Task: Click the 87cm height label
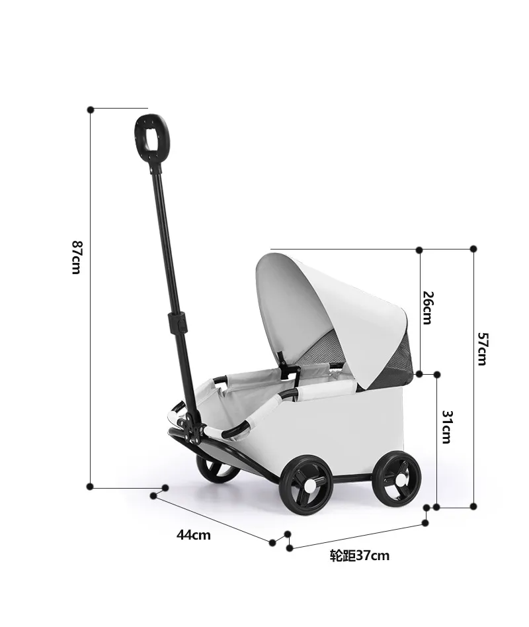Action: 76,257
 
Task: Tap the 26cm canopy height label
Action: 427,308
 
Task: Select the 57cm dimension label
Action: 482,349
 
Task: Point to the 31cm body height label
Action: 446,427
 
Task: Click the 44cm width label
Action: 194,535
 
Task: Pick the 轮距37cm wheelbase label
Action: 359,555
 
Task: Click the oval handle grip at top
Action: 150,138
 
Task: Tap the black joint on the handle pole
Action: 177,323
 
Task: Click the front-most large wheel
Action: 305,485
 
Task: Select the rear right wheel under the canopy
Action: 397,477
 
